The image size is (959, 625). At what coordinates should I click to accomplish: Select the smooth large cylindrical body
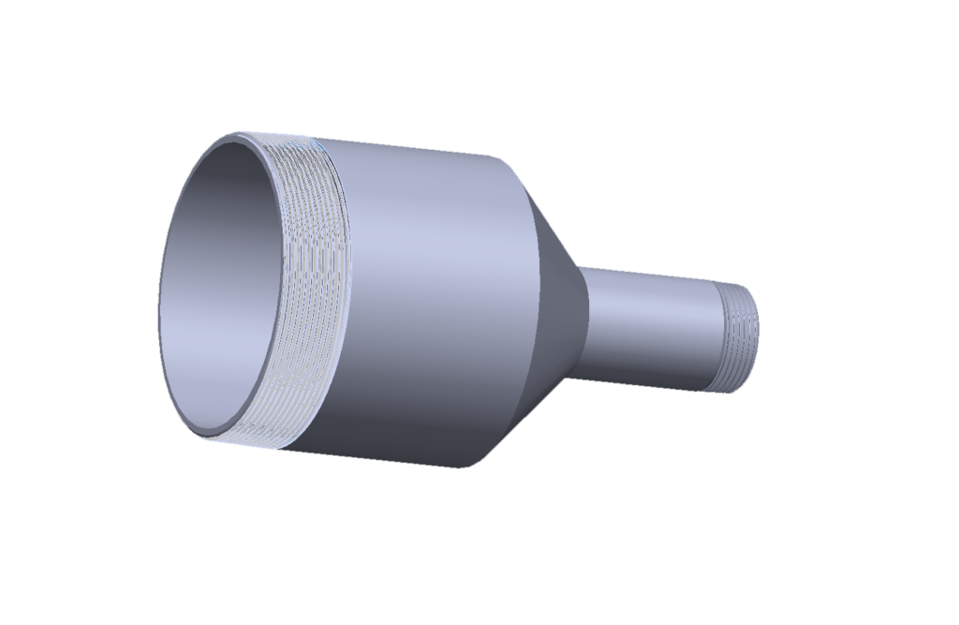tap(421, 290)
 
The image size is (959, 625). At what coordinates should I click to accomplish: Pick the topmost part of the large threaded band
tap(281, 141)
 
